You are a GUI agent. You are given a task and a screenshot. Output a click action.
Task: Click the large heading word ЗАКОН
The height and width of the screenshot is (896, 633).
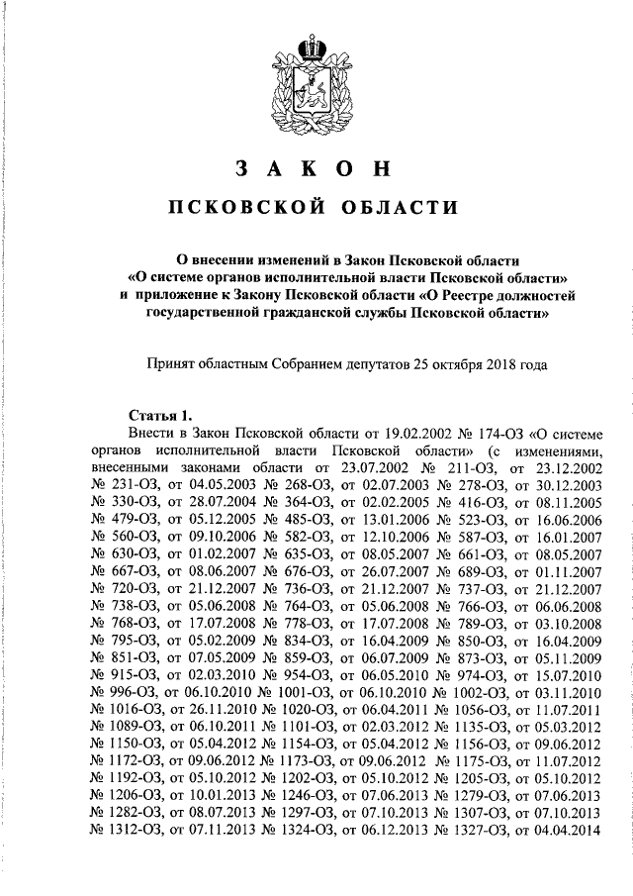(x=316, y=168)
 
